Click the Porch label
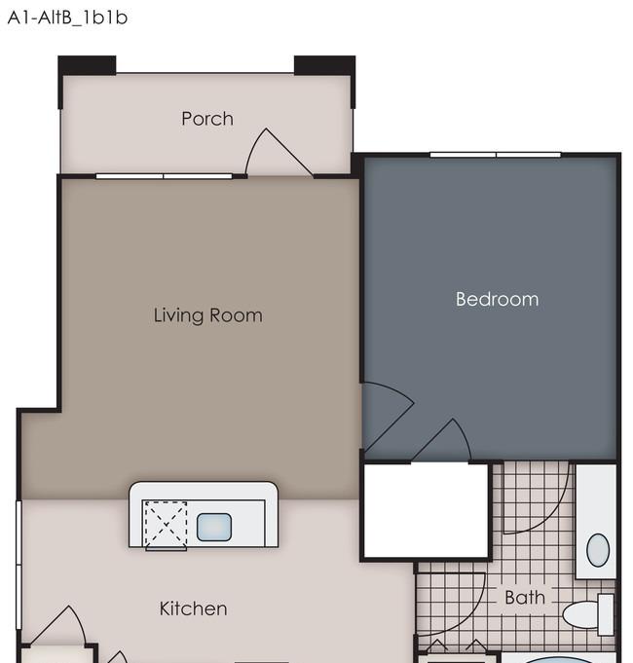point(207,119)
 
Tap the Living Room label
point(207,315)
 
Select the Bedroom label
point(497,299)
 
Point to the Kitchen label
point(193,608)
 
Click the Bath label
point(525,598)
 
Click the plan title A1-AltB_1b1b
point(67,18)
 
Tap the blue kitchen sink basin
point(214,527)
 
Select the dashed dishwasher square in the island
point(166,525)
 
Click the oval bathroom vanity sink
point(598,550)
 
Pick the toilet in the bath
point(588,614)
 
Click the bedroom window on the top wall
point(495,155)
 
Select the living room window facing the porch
point(164,176)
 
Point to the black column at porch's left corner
point(87,65)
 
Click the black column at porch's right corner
point(324,65)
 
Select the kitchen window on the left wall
point(19,565)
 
